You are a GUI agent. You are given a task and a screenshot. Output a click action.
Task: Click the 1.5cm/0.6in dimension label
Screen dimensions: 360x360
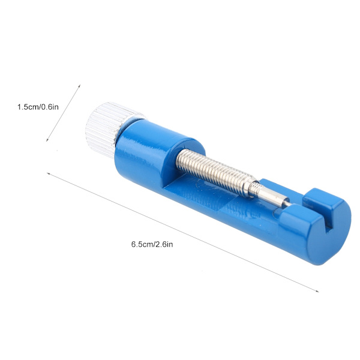tap(38, 107)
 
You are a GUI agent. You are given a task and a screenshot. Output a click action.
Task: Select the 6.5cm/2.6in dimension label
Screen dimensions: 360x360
tap(152, 244)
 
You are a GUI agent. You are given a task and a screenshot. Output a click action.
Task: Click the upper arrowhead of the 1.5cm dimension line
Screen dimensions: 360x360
tap(79, 86)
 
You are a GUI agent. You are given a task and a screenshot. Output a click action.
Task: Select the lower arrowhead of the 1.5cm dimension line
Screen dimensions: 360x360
tap(47, 140)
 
